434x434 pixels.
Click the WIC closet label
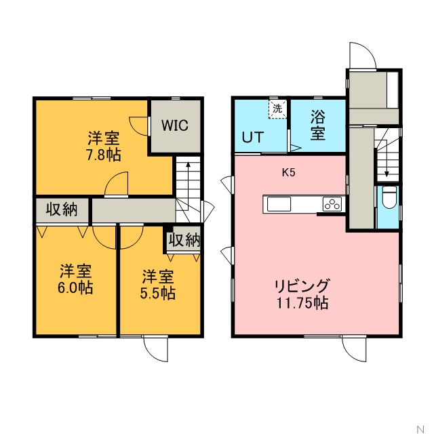(x=175, y=125)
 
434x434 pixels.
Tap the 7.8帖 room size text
(x=104, y=155)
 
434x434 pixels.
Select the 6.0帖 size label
(x=75, y=288)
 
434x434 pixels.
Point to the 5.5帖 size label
(x=158, y=294)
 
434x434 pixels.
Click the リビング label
(x=302, y=285)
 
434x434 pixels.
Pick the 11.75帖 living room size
(x=302, y=303)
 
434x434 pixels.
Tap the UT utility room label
(x=253, y=137)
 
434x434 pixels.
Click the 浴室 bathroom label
(x=318, y=125)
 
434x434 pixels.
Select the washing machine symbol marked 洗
(x=277, y=109)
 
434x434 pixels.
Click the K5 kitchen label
(x=289, y=173)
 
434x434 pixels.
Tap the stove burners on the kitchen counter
(x=332, y=204)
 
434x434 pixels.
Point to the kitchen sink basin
(x=279, y=204)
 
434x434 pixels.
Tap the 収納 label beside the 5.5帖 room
(x=184, y=240)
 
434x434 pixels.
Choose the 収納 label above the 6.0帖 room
(x=62, y=210)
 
